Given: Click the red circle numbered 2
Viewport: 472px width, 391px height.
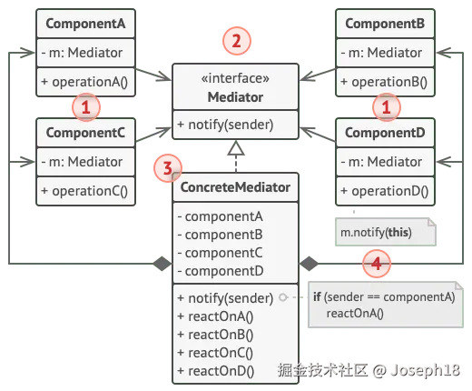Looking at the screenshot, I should point(237,41).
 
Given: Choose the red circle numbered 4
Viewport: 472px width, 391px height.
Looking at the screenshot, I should point(375,264).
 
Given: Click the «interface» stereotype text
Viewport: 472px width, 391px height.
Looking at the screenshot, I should point(236,79).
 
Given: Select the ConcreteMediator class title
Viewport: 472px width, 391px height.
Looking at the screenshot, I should point(236,188).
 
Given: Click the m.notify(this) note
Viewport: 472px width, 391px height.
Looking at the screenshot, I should point(376,232).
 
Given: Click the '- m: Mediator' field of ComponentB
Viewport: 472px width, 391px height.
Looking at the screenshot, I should point(383,53).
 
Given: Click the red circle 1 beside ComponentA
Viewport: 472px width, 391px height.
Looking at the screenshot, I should point(85,107).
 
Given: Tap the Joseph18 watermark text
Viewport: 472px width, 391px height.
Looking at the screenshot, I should point(428,370).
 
